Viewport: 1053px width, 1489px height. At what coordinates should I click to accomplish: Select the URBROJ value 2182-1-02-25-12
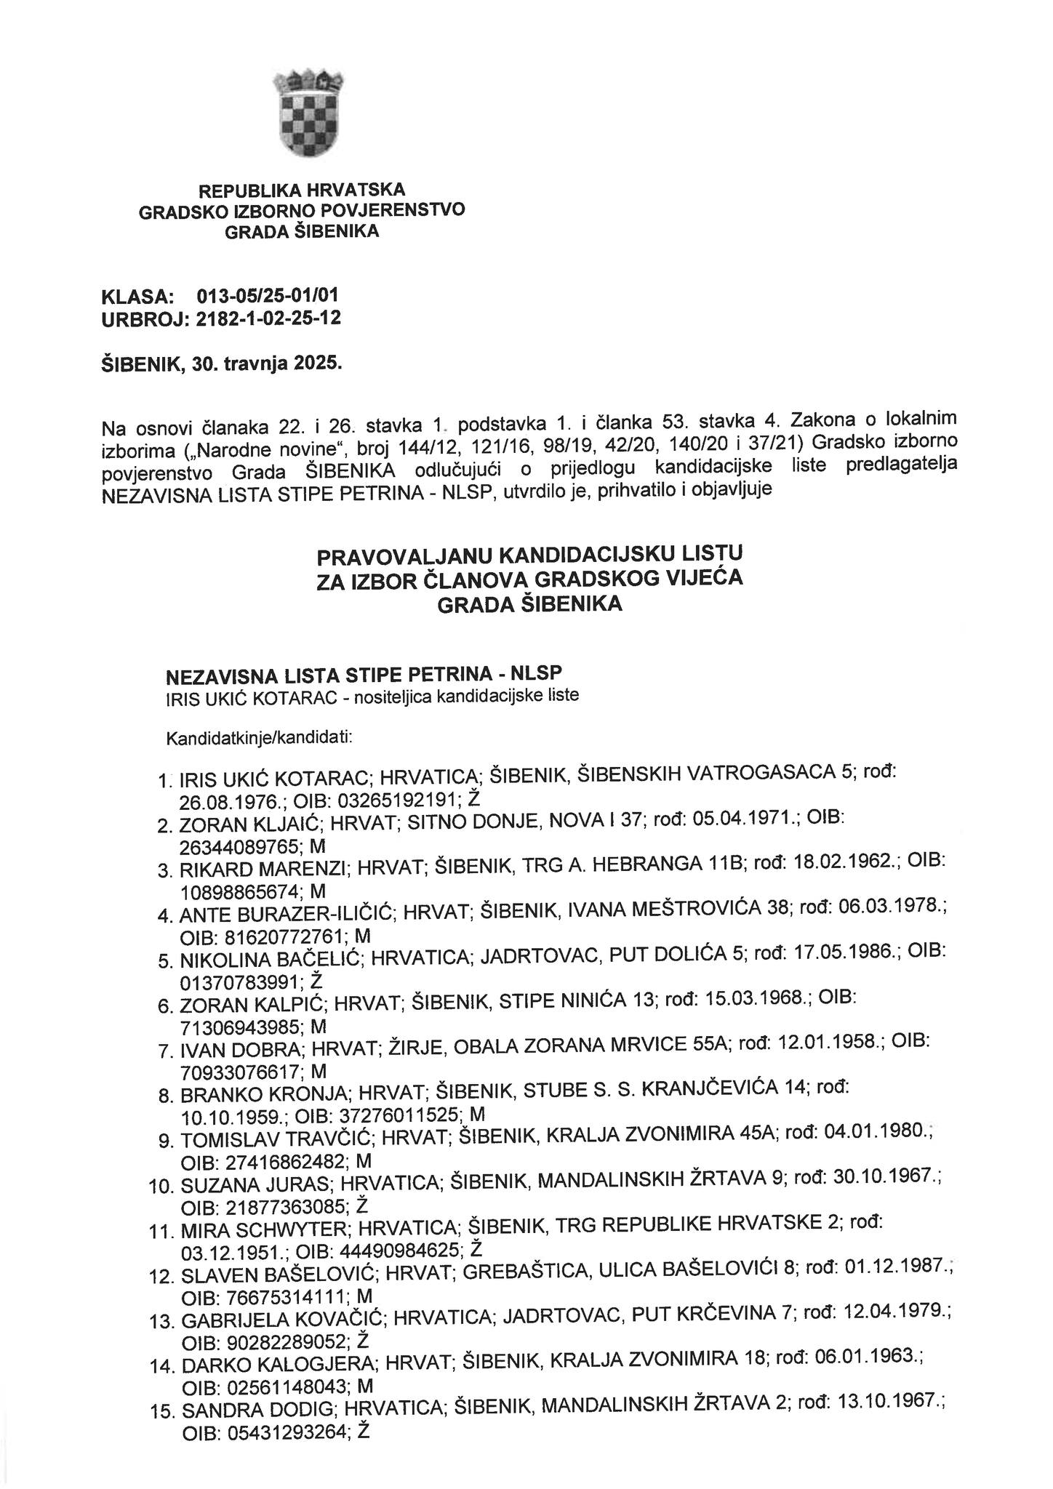click(x=269, y=318)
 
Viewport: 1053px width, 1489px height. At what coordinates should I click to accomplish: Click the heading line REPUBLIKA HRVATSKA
click(x=302, y=191)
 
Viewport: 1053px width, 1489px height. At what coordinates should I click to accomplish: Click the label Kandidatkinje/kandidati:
click(x=260, y=739)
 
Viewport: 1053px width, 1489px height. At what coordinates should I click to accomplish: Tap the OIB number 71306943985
click(x=239, y=1027)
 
